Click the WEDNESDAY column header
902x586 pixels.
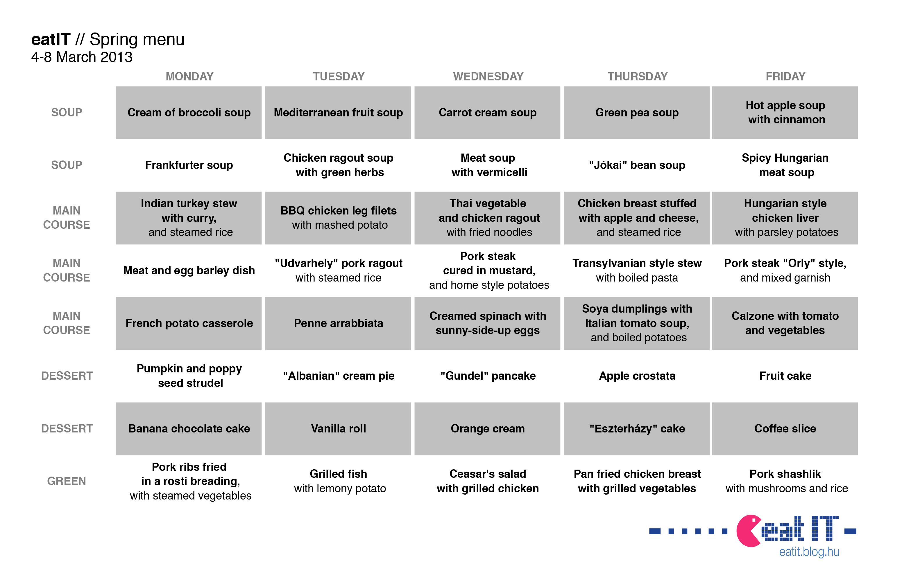488,76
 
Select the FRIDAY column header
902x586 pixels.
785,76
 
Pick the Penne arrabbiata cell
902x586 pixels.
338,323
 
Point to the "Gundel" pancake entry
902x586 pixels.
488,376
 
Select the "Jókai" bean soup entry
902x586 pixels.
637,165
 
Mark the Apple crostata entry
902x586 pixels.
637,376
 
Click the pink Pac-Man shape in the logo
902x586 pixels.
749,531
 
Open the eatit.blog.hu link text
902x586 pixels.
809,552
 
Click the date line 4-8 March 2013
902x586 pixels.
82,57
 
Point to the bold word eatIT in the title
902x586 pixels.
51,39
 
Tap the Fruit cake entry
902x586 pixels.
785,376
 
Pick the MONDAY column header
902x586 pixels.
189,76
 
